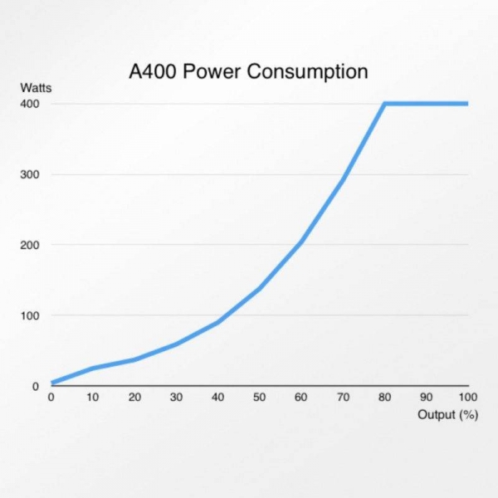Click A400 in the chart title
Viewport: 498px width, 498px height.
[153, 72]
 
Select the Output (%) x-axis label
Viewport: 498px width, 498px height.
[447, 414]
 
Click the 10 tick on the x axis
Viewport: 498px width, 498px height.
[93, 398]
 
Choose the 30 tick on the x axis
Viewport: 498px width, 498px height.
[176, 398]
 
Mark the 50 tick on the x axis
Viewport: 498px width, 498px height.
[259, 398]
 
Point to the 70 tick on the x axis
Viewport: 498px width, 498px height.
[342, 398]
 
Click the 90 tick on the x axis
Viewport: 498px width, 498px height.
[426, 398]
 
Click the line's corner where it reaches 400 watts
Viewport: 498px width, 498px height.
[384, 104]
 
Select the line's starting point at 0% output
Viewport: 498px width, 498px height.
[52, 383]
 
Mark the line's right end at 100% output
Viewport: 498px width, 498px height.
[467, 104]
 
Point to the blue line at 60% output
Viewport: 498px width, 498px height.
[301, 242]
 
